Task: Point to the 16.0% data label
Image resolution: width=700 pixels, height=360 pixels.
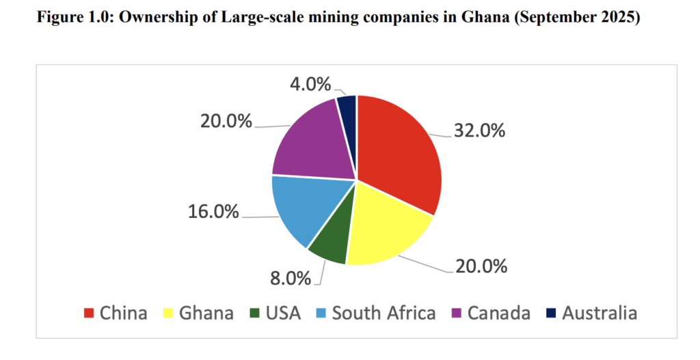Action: (x=213, y=211)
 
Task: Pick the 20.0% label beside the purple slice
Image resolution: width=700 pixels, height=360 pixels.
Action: (x=226, y=121)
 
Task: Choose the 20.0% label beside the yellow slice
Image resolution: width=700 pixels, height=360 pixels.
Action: (x=482, y=265)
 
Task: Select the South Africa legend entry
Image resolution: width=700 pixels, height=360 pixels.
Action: (x=383, y=313)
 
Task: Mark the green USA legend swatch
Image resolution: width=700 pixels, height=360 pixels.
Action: (x=254, y=314)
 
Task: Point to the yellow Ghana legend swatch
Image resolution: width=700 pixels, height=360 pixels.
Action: (x=167, y=314)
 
